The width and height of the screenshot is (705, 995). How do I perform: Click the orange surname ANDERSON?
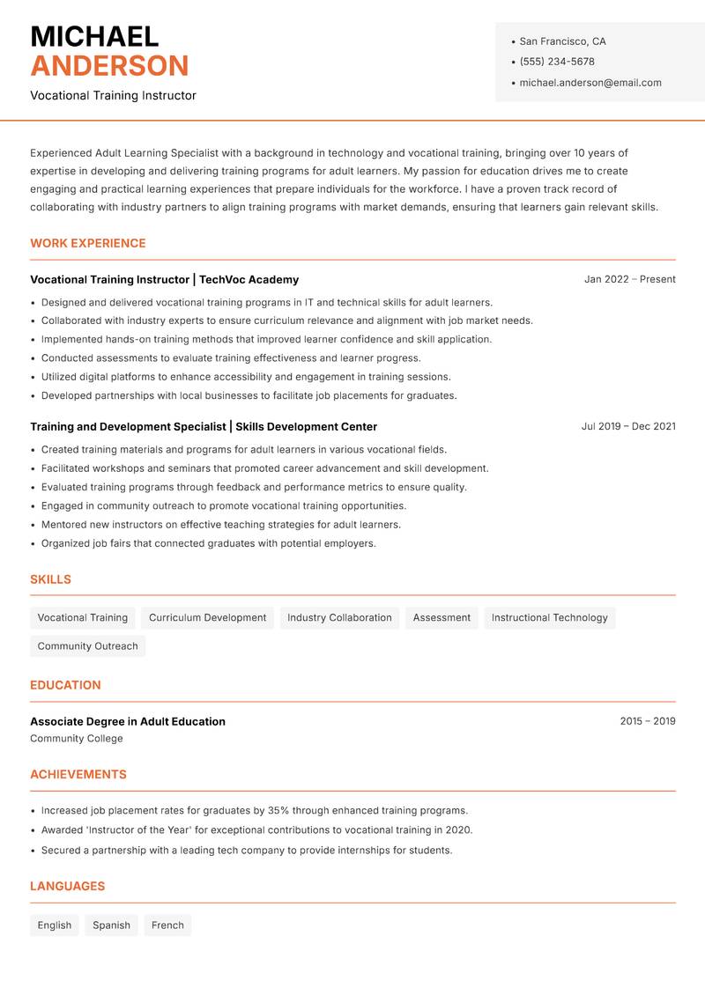109,66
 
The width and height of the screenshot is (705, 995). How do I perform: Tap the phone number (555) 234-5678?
557,62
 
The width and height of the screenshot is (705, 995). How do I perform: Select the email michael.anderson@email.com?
590,83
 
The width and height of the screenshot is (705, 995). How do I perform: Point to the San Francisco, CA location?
562,41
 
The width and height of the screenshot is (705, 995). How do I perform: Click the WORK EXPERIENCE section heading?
88,243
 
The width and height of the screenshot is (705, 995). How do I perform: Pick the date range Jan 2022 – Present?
629,279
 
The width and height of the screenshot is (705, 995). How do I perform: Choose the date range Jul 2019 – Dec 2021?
628,426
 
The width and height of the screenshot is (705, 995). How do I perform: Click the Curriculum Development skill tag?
207,617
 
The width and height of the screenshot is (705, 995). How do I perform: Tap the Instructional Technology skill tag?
549,617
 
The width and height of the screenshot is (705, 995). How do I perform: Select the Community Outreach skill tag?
87,645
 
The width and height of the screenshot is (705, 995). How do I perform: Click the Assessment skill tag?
442,617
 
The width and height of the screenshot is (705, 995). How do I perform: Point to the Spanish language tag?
111,925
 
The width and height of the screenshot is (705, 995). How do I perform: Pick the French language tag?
167,925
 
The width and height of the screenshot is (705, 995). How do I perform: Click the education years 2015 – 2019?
647,721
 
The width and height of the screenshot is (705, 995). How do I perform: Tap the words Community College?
77,739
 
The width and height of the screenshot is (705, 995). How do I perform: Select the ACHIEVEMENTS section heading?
78,774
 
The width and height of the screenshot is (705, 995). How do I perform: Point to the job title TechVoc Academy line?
164,279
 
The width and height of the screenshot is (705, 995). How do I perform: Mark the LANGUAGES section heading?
67,886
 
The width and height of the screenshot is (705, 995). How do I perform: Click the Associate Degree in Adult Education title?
128,721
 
